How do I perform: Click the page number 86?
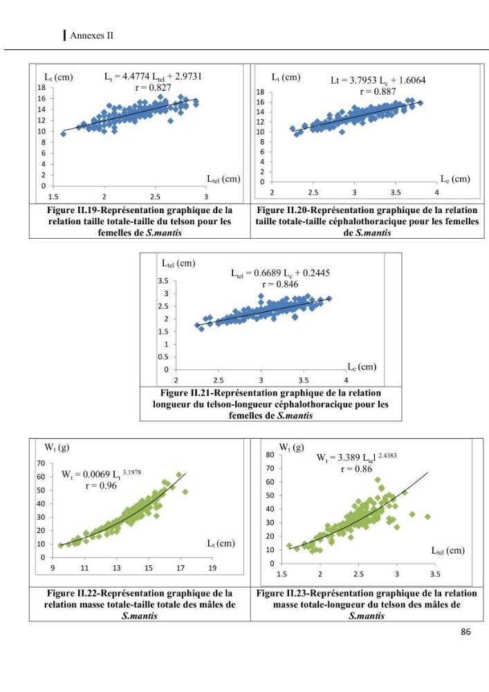(465, 632)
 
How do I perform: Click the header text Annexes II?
(92, 35)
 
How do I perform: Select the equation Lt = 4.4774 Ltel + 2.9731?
(153, 76)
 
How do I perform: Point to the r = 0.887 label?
(378, 91)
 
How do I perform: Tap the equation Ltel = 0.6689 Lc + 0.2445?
(280, 273)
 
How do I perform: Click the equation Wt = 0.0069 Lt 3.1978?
(102, 474)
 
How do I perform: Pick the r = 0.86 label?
(356, 468)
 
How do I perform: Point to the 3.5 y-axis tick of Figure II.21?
(163, 281)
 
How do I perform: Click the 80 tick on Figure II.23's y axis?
(270, 455)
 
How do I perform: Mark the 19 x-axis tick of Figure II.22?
(212, 568)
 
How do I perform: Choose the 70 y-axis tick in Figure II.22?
(41, 464)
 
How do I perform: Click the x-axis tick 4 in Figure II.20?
(437, 192)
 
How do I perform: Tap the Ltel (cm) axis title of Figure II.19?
(223, 179)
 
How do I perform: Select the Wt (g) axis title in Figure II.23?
(291, 448)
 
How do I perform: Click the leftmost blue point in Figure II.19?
(64, 134)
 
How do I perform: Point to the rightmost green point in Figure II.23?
(427, 516)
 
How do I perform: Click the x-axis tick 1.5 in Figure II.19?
(53, 197)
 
